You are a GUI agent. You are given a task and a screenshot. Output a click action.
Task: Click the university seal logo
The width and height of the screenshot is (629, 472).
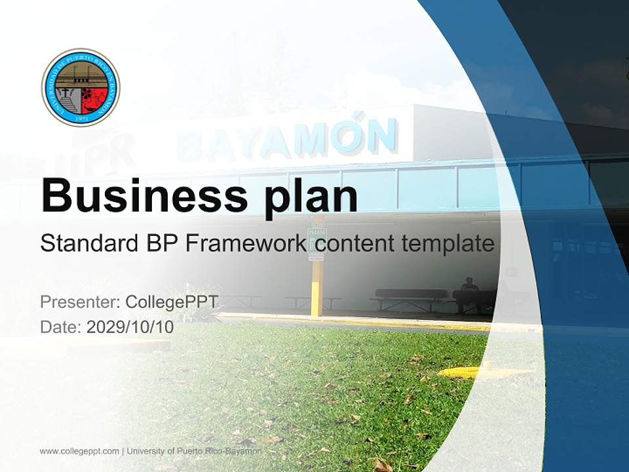pyautogui.click(x=81, y=87)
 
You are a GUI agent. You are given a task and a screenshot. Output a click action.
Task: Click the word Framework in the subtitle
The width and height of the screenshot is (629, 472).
pyautogui.click(x=245, y=244)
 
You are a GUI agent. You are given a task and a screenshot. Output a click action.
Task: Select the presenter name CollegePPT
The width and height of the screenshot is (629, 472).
pyautogui.click(x=172, y=302)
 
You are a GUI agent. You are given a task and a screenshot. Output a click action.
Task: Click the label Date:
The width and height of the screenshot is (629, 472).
pyautogui.click(x=61, y=327)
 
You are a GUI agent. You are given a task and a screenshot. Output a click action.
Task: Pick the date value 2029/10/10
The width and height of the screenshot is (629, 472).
pyautogui.click(x=130, y=327)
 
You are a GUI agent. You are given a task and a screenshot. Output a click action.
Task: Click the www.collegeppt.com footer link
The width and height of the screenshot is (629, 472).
pyautogui.click(x=79, y=451)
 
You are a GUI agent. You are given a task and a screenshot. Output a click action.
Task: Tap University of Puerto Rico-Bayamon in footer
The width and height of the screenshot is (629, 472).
pyautogui.click(x=194, y=451)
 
